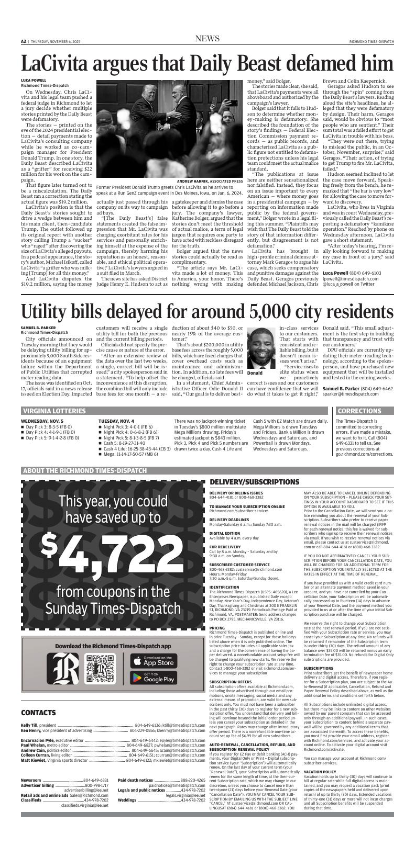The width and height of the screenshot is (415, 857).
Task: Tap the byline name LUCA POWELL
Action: point(34,81)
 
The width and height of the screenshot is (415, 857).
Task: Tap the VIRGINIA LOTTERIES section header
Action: point(53,411)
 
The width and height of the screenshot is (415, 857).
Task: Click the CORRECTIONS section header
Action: point(359,411)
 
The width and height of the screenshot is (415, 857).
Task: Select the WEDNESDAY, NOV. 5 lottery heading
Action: point(42,421)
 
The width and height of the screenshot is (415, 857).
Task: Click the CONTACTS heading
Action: point(38,727)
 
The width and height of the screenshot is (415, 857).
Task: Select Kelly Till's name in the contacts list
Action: point(29,740)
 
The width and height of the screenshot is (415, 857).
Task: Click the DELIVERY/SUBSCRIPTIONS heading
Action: point(254,481)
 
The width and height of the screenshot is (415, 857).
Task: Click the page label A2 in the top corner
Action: point(24,41)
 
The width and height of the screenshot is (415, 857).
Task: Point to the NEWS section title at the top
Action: point(207,39)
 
